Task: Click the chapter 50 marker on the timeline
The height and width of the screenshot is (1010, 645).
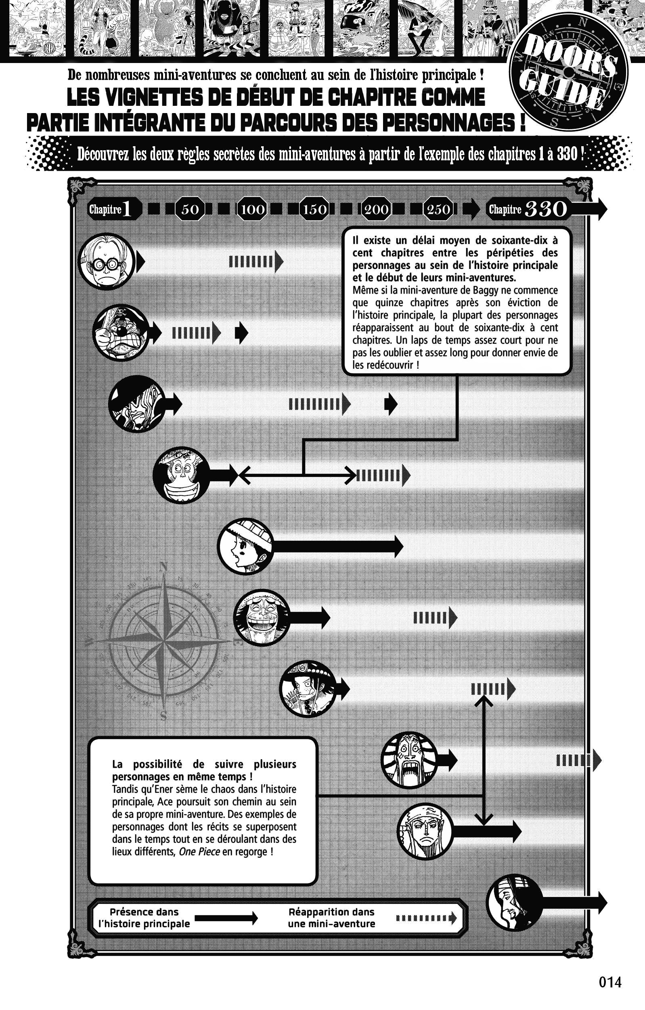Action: pyautogui.click(x=190, y=209)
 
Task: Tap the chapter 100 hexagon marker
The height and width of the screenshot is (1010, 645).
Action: pyautogui.click(x=252, y=209)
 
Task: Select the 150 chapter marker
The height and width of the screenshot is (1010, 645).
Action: pyautogui.click(x=314, y=209)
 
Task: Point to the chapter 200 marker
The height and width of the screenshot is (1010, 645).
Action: pyautogui.click(x=376, y=209)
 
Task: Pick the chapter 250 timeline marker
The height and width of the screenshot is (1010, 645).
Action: pyautogui.click(x=438, y=209)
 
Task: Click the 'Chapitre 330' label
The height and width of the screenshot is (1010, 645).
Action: pyautogui.click(x=528, y=209)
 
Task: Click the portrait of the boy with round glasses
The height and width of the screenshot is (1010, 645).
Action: pyautogui.click(x=107, y=261)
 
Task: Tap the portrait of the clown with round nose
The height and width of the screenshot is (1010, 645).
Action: pyautogui.click(x=121, y=332)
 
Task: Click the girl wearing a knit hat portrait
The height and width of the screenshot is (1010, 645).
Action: pyautogui.click(x=245, y=546)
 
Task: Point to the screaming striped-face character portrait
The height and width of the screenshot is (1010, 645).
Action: pyautogui.click(x=409, y=760)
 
